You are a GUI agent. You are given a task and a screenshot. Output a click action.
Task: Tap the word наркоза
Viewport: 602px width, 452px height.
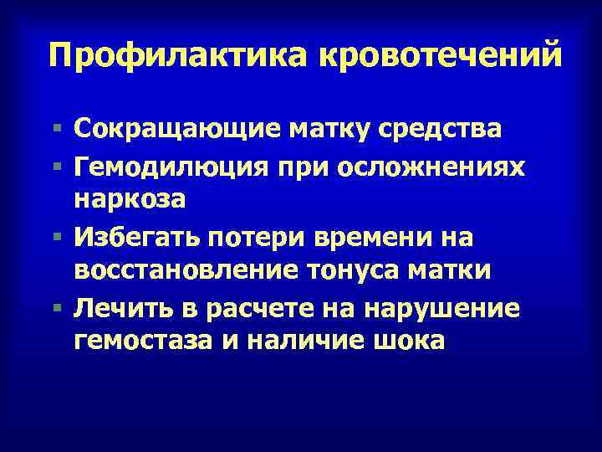pyautogui.click(x=130, y=202)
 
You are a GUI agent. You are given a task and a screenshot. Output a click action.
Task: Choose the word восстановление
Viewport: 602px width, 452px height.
pyautogui.click(x=176, y=274)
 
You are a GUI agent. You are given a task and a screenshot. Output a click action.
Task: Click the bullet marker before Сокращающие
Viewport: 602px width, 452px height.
pyautogui.click(x=56, y=129)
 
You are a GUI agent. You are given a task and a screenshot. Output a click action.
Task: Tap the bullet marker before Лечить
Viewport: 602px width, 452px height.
pyautogui.click(x=56, y=309)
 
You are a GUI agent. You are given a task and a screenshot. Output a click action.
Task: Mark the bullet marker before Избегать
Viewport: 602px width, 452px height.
pyautogui.click(x=56, y=238)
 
